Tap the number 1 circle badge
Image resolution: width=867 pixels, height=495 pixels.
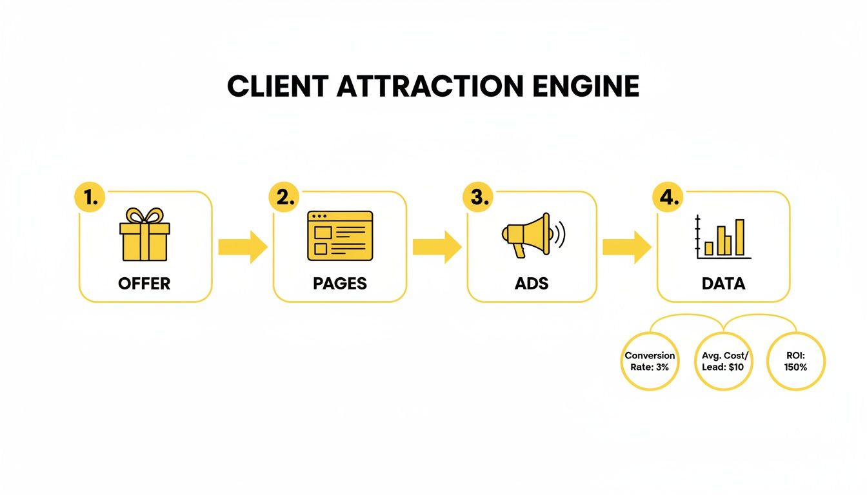[x=91, y=198]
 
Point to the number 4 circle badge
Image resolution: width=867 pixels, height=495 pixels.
[x=669, y=198]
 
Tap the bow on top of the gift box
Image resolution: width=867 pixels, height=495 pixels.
[x=144, y=215]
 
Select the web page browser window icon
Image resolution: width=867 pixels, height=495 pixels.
[x=340, y=235]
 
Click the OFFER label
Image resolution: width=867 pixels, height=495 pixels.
[x=144, y=284]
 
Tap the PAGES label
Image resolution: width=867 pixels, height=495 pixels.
[x=340, y=284]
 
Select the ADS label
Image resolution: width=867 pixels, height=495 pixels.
[x=532, y=284]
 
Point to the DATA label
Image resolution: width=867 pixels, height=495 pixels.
[x=723, y=284]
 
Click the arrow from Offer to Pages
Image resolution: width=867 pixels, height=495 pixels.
[x=243, y=247]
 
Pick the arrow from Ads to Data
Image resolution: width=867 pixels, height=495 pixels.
[x=626, y=247]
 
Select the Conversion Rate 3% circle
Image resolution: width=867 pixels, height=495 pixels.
[x=650, y=362]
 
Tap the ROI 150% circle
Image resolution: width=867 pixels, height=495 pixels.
[x=795, y=362]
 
